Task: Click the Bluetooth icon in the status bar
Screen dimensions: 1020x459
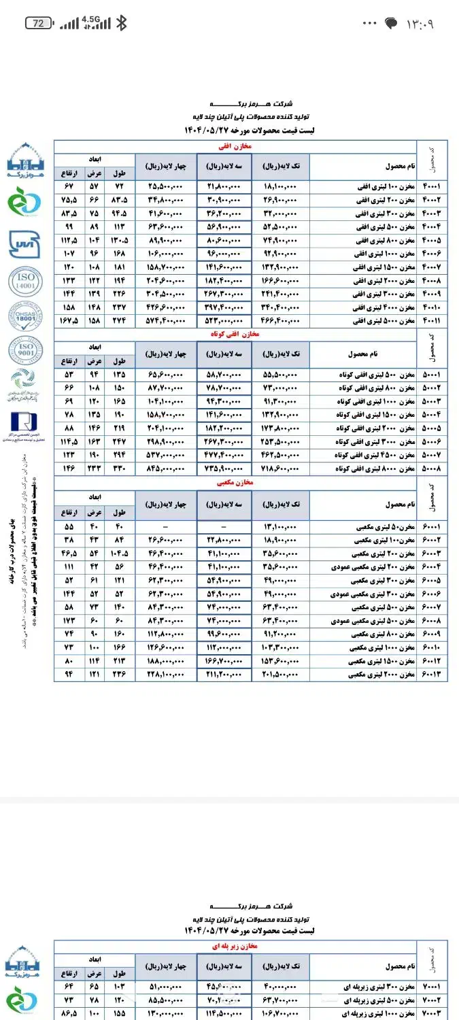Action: click(121, 23)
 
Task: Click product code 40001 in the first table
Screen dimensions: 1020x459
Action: click(432, 186)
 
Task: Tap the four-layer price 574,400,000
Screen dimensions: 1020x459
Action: click(166, 320)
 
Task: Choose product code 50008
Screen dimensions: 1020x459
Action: click(432, 469)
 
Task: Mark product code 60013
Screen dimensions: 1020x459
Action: click(432, 675)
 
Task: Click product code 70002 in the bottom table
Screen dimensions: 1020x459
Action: click(432, 1000)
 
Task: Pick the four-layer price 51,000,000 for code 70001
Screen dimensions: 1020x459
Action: click(166, 987)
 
